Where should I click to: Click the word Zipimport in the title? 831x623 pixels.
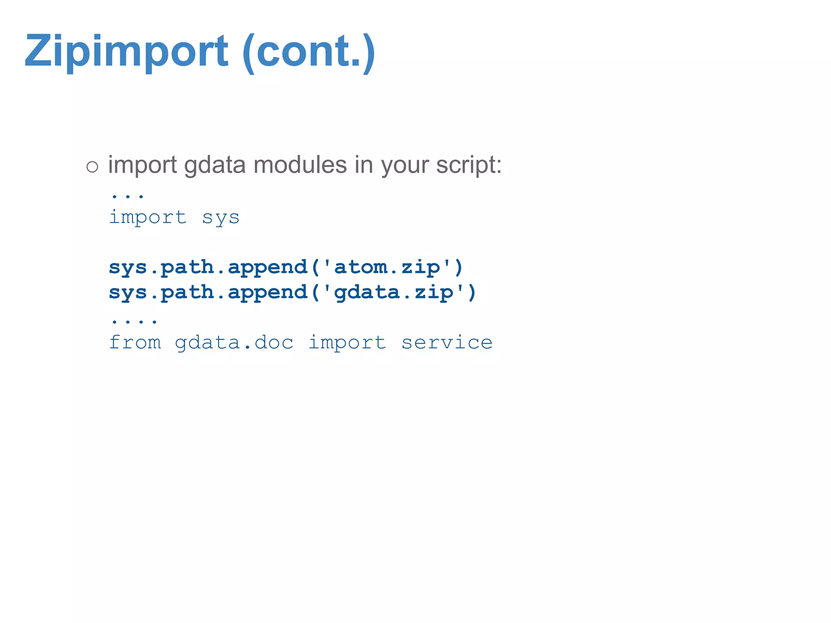tap(126, 52)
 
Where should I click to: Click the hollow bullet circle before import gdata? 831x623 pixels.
tap(92, 167)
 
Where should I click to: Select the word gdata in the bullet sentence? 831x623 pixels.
tap(215, 165)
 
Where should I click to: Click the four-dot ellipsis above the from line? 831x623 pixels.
tap(134, 322)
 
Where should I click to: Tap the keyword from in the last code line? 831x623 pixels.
tap(135, 343)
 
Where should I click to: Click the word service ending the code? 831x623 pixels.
tap(447, 343)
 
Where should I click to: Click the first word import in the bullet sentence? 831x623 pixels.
tap(142, 165)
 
